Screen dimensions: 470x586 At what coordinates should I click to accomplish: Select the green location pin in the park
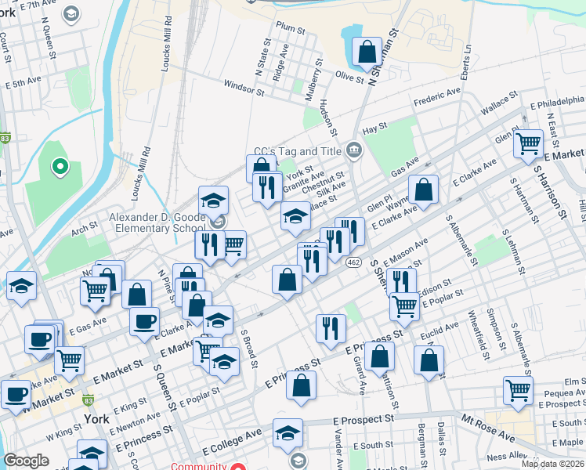click(x=58, y=166)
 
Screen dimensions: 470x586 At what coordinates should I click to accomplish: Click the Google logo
click(x=26, y=461)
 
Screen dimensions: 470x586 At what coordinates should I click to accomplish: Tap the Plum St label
click(x=290, y=27)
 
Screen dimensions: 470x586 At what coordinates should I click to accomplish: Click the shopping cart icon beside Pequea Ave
click(x=519, y=391)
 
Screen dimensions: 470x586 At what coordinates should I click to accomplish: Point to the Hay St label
click(x=375, y=127)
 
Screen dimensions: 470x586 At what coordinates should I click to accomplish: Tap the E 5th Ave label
click(x=22, y=81)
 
